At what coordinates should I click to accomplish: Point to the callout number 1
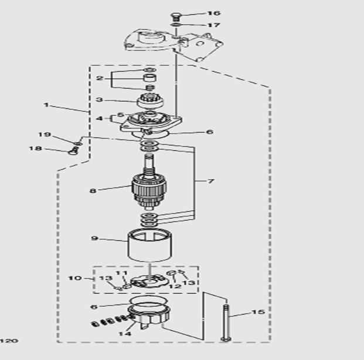coord(46,105)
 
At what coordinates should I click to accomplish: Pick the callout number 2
coord(100,78)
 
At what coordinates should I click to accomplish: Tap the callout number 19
coord(45,135)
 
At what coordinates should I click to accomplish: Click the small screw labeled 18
coord(72,152)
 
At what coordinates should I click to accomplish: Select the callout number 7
coord(210,181)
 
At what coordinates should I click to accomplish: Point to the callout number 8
coord(92,190)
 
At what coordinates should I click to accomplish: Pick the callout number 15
coord(258,312)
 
